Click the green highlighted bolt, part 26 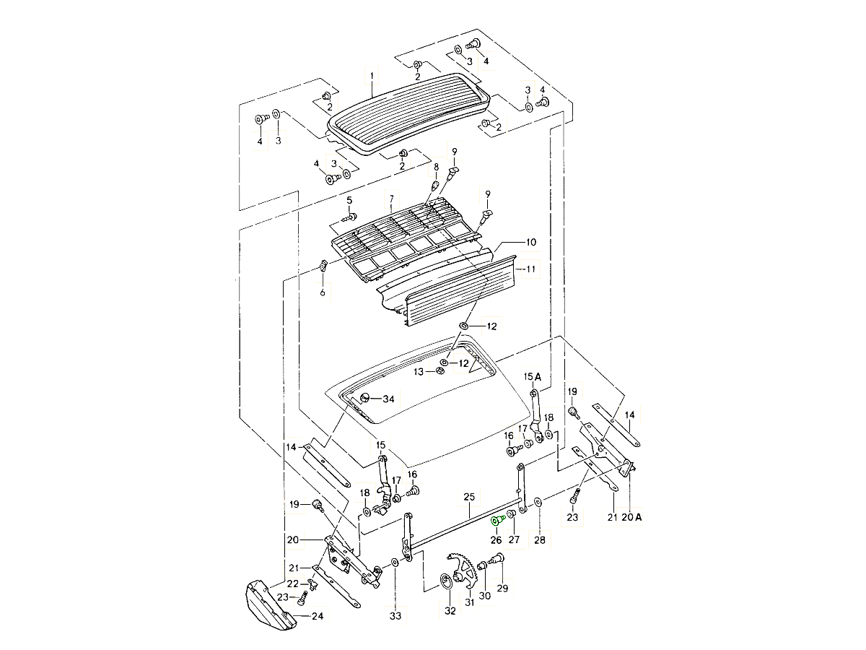click(x=497, y=521)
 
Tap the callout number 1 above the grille click(x=372, y=75)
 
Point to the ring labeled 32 click(x=446, y=583)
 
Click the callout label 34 click(x=388, y=399)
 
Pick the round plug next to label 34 click(x=364, y=398)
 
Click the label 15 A click(x=532, y=377)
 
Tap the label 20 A click(x=631, y=517)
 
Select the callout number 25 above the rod click(x=469, y=497)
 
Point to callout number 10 click(x=531, y=242)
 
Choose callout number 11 click(x=531, y=269)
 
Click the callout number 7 click(x=391, y=199)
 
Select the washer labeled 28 click(x=538, y=503)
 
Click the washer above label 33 click(x=394, y=562)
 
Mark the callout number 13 click(x=418, y=372)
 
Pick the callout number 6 click(x=323, y=292)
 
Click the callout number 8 click(x=436, y=167)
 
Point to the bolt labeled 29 click(x=496, y=559)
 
